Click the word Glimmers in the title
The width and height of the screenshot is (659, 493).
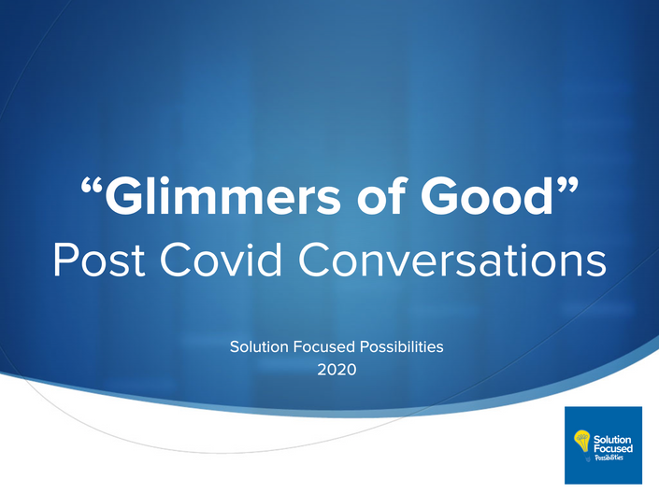(x=222, y=196)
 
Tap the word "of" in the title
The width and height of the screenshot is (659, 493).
(x=381, y=194)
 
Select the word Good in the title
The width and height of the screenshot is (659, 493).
(x=487, y=195)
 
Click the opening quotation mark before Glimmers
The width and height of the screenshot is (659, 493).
(x=92, y=185)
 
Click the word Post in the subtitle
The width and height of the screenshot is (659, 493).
(x=99, y=260)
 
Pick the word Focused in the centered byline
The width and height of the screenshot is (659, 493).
(x=318, y=346)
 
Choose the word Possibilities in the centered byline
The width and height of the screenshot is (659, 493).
(x=396, y=346)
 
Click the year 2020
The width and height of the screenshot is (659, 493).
(x=337, y=370)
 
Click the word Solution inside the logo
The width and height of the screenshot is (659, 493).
(x=612, y=440)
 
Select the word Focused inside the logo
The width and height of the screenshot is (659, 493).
(x=613, y=448)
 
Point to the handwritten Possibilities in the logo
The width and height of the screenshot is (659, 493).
(x=609, y=458)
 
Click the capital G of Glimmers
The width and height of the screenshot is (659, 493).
(x=122, y=196)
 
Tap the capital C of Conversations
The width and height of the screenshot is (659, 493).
(x=313, y=260)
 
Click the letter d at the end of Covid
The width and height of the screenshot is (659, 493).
(x=270, y=259)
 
